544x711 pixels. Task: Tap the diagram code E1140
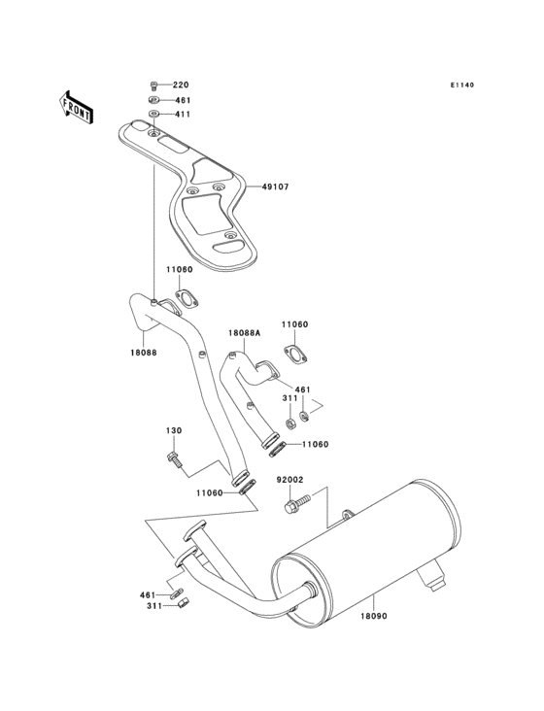coord(461,85)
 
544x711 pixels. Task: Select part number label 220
coord(182,85)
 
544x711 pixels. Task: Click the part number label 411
coord(182,115)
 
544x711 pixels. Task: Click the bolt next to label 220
coord(153,85)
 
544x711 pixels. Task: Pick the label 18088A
coord(244,333)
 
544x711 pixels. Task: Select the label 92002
coord(291,480)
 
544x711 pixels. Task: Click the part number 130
coord(173,431)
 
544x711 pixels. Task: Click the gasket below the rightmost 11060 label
coord(295,354)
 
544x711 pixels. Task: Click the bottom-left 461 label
coord(147,593)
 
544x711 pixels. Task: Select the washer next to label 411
coord(153,115)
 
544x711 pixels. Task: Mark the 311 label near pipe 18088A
coord(289,398)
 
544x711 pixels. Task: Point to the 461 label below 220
coord(182,100)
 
